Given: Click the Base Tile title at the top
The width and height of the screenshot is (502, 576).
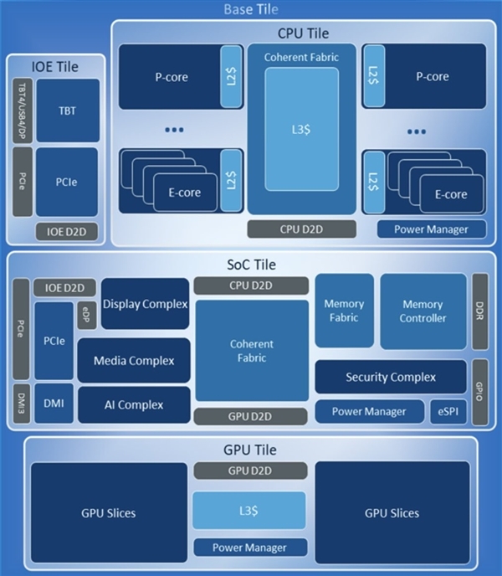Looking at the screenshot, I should pos(251,10).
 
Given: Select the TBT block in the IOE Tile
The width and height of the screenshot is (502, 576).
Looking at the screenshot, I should pos(67,110).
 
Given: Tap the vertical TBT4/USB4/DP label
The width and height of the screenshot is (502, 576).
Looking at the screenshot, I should pos(23,111).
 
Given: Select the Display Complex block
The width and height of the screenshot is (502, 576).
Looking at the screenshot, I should pos(145,304).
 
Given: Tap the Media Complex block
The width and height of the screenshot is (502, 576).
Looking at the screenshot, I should pos(133,360).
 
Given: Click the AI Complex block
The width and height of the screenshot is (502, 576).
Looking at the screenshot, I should pos(133,404).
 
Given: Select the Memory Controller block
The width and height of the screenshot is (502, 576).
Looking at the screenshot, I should pos(423,311).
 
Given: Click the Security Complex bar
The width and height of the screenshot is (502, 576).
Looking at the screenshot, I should pos(391,377).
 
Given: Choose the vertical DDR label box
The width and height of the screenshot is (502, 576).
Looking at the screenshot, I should pos(480,311).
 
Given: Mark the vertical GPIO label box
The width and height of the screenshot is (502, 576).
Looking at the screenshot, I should pos(480,391).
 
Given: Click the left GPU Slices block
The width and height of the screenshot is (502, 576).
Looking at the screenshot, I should pos(109,512).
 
